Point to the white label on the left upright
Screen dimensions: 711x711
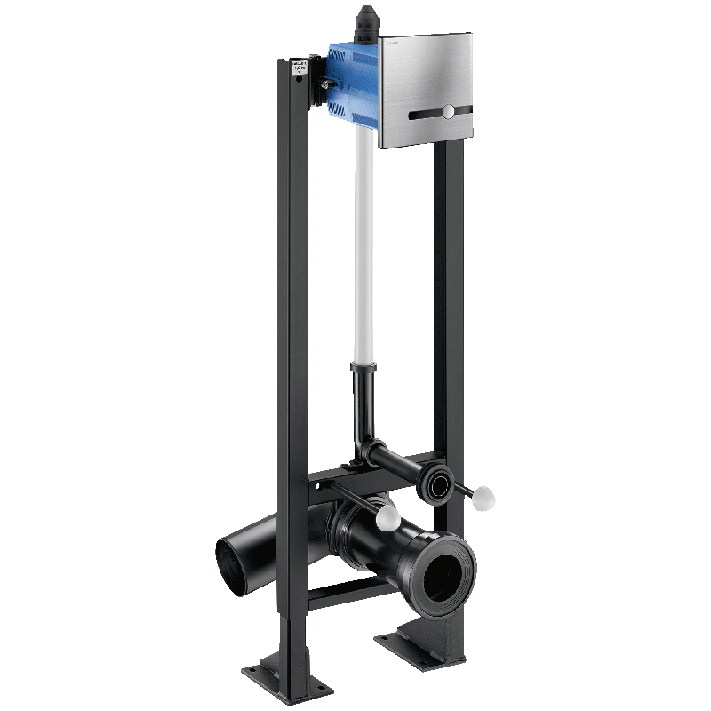(x=300, y=68)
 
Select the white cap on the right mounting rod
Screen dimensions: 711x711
(x=484, y=494)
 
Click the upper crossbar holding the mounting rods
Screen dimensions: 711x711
(x=342, y=484)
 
